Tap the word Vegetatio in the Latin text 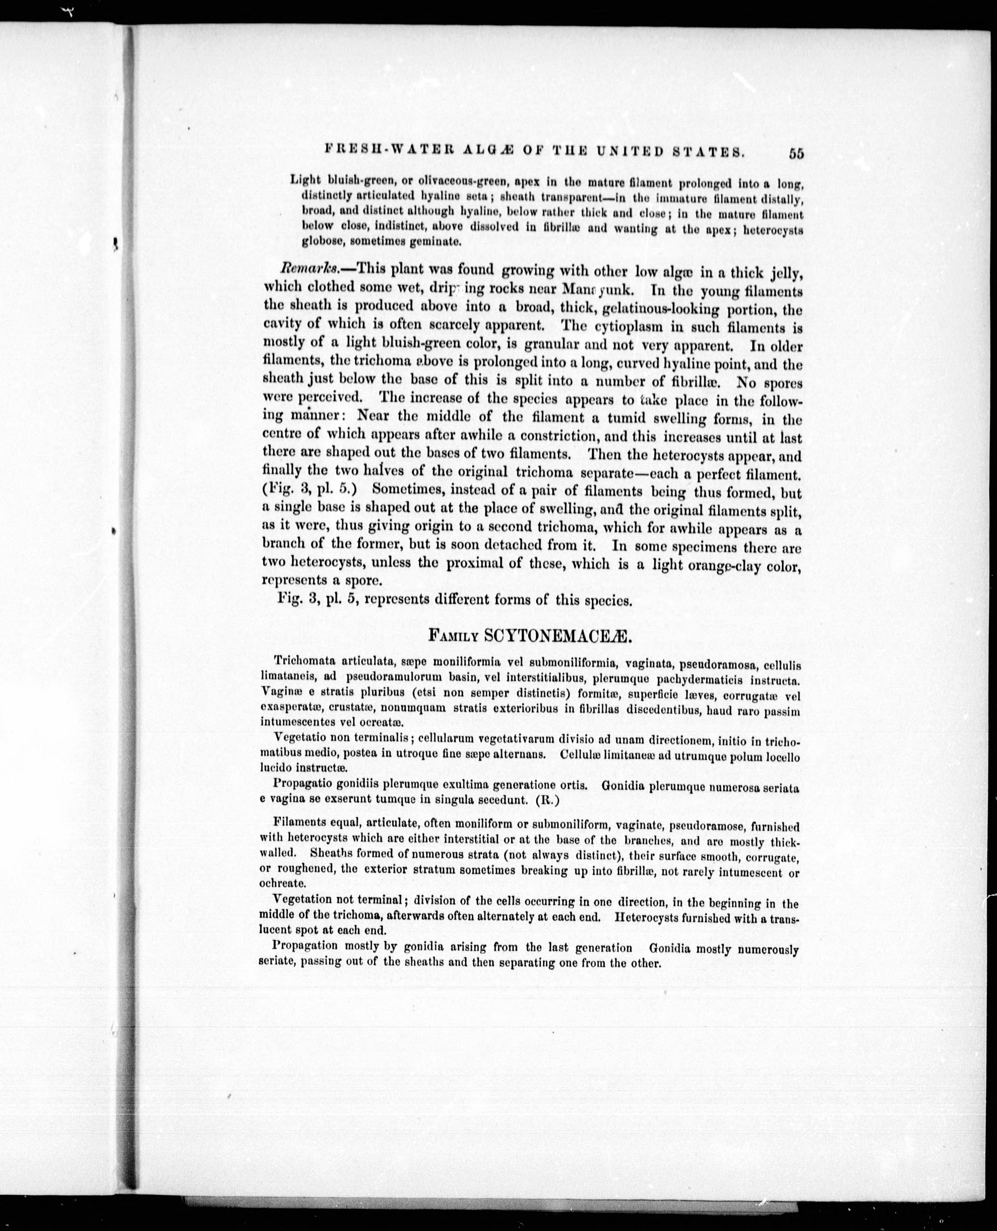click(299, 737)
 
